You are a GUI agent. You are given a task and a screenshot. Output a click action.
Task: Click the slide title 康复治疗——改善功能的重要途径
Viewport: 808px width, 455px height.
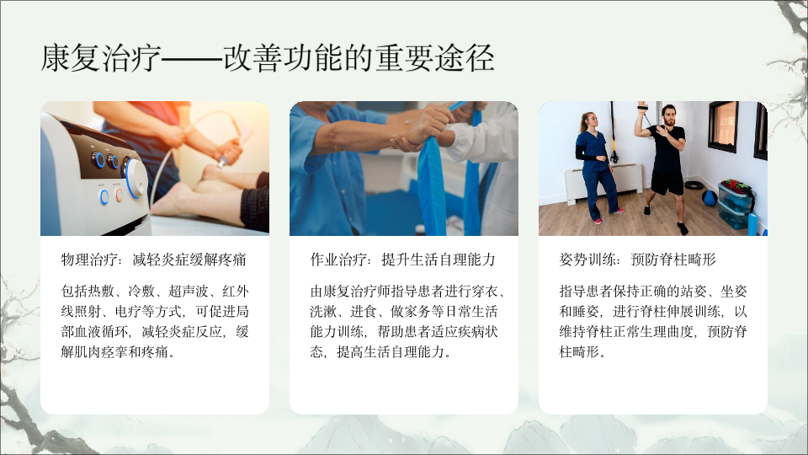tap(268, 57)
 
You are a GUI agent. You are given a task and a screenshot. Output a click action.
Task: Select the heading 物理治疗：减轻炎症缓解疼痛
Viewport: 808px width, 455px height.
tap(153, 260)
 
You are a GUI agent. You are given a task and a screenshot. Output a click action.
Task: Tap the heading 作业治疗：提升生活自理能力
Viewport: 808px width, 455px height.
tap(402, 260)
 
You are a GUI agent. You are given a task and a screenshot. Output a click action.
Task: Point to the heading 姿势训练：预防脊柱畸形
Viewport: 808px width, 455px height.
tap(637, 260)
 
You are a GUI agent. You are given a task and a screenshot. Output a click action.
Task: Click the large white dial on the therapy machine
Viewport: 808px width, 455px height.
tap(135, 178)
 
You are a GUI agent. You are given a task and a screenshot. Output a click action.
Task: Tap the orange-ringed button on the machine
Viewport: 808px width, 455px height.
tap(119, 195)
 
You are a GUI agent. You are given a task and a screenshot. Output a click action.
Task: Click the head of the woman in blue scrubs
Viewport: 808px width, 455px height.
tap(588, 120)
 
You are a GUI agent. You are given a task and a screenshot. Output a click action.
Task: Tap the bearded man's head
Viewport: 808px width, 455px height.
tap(668, 115)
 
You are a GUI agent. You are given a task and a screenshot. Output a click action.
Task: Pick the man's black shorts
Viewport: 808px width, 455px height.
tap(667, 183)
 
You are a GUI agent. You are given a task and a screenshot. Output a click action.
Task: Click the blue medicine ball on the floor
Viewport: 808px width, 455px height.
tap(709, 197)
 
